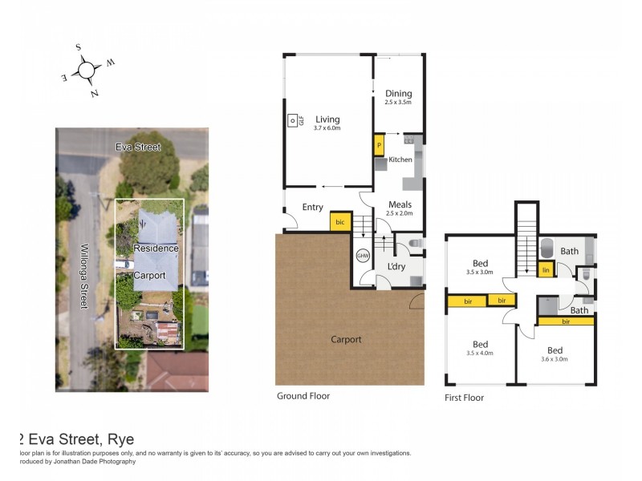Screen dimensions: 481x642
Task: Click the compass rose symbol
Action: pyautogui.click(x=86, y=71)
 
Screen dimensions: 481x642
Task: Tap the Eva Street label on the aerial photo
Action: pyautogui.click(x=137, y=148)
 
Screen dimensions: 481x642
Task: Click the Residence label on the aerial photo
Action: pyautogui.click(x=156, y=249)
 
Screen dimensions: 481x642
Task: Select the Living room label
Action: pyautogui.click(x=327, y=119)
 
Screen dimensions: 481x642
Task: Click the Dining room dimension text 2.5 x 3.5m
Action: pyautogui.click(x=397, y=103)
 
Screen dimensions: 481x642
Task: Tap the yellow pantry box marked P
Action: pyautogui.click(x=379, y=147)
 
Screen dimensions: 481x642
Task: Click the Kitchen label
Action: pyautogui.click(x=400, y=160)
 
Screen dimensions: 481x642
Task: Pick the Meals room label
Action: pyautogui.click(x=399, y=204)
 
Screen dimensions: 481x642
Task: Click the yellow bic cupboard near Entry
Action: pyautogui.click(x=339, y=222)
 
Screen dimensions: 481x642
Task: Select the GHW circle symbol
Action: pyautogui.click(x=363, y=256)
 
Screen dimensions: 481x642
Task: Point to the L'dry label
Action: pyautogui.click(x=396, y=265)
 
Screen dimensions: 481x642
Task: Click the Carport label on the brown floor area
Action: pyautogui.click(x=346, y=339)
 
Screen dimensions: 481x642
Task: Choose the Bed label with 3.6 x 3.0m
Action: pyautogui.click(x=555, y=350)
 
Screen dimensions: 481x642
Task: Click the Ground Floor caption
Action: pyautogui.click(x=303, y=396)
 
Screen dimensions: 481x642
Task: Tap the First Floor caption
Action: pyautogui.click(x=464, y=398)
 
